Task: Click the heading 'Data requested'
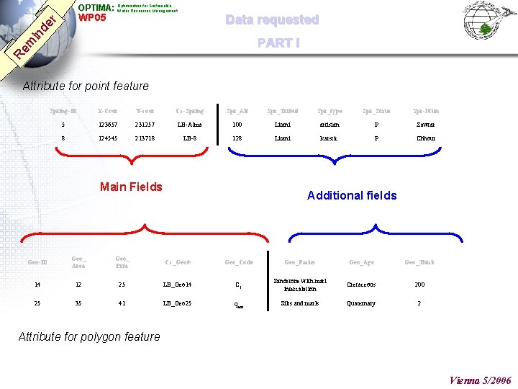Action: click(x=272, y=20)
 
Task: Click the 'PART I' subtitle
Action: click(x=278, y=43)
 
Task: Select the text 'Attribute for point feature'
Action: click(x=86, y=86)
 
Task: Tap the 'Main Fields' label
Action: click(x=131, y=187)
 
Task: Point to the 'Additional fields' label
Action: click(x=352, y=195)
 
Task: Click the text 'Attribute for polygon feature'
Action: click(x=88, y=336)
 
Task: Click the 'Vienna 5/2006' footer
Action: click(x=480, y=380)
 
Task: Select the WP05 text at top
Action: click(x=92, y=18)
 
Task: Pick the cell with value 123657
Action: click(x=107, y=125)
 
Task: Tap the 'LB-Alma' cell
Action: click(x=190, y=125)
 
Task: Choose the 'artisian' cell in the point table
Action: click(x=330, y=125)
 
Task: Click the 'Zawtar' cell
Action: click(x=426, y=125)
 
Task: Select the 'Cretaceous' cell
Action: click(x=361, y=285)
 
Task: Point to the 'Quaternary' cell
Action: click(x=361, y=303)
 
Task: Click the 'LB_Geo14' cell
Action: click(x=178, y=285)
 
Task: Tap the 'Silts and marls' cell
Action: click(x=299, y=303)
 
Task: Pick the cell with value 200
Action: click(x=419, y=285)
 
